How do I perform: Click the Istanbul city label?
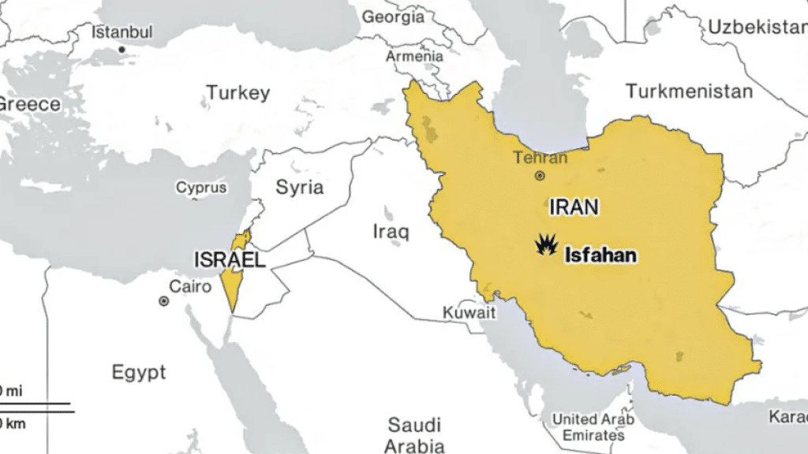[x=122, y=32]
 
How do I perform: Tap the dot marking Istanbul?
[x=122, y=50]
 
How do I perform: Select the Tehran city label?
[x=541, y=158]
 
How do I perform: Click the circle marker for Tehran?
[x=540, y=176]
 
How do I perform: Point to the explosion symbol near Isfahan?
[x=544, y=246]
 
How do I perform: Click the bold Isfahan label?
[x=600, y=255]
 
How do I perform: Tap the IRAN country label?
[x=574, y=207]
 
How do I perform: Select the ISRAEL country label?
[x=230, y=259]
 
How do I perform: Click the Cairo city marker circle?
[x=163, y=301]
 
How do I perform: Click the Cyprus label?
[x=201, y=188]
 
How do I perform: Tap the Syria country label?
[x=299, y=188]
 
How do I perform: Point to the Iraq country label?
[x=391, y=232]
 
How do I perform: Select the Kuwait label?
[x=469, y=313]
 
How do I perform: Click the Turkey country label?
[x=238, y=93]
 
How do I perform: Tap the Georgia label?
[x=392, y=17]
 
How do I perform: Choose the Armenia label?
[x=414, y=57]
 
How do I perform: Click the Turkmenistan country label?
[x=689, y=91]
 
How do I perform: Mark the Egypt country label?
[x=139, y=372]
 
